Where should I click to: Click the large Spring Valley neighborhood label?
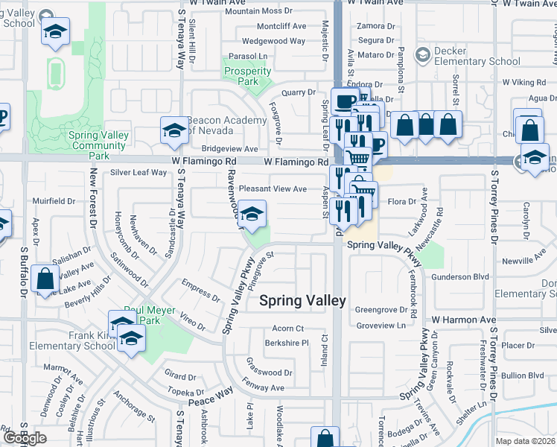click(x=302, y=300)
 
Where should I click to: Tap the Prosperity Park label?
click(x=247, y=77)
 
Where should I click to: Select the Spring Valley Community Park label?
click(x=98, y=141)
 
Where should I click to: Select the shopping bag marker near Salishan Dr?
click(x=45, y=279)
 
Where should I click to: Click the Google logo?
click(x=25, y=438)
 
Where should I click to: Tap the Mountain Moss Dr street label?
click(x=258, y=11)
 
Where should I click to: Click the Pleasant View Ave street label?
click(x=273, y=189)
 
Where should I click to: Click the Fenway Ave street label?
click(x=266, y=388)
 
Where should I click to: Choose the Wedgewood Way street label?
click(x=273, y=41)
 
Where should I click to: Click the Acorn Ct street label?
click(x=288, y=328)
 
